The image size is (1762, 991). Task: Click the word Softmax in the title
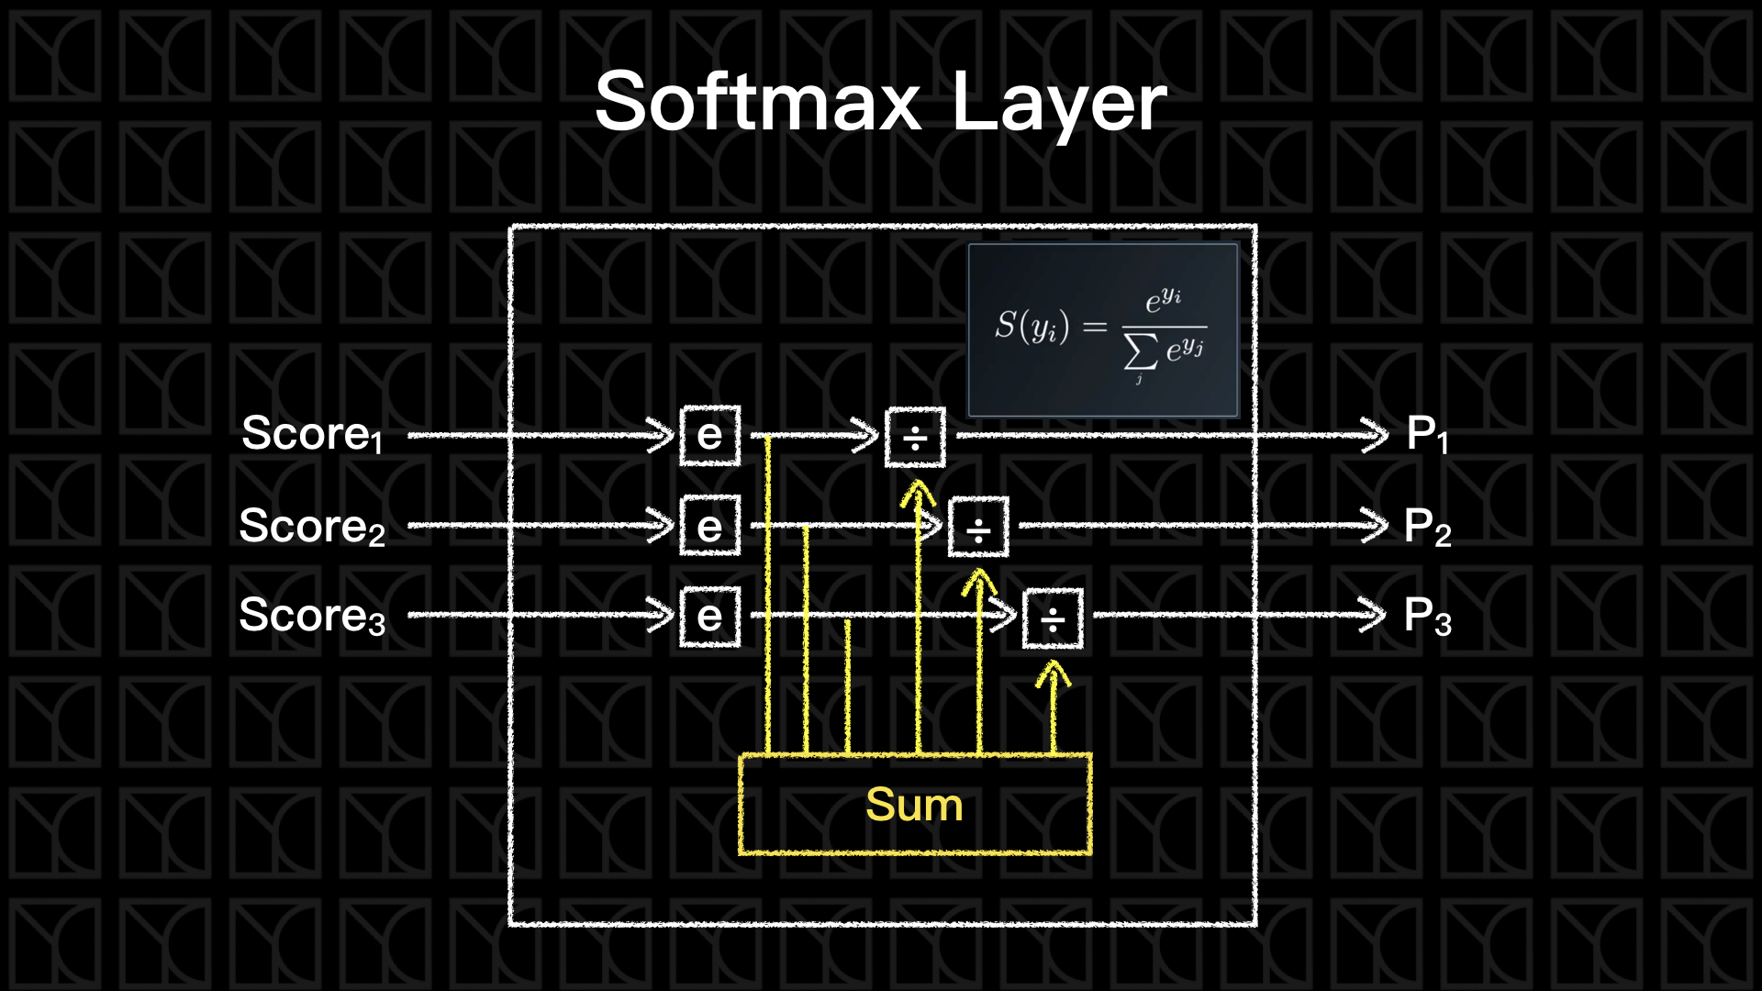[758, 103]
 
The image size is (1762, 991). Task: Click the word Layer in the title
[1059, 103]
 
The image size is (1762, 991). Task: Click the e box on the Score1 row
[709, 436]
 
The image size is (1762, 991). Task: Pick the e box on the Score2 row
[709, 527]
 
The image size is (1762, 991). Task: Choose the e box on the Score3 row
[709, 617]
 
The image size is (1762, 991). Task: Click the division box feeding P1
[915, 439]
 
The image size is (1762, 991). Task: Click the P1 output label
[1427, 435]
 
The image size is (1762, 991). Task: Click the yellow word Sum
[914, 806]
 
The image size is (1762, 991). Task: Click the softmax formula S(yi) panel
[1103, 330]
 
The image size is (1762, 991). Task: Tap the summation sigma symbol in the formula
[1141, 351]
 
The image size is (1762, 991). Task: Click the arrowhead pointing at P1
[1376, 435]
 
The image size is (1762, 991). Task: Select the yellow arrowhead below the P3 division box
[1053, 675]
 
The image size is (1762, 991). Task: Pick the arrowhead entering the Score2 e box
[662, 527]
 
